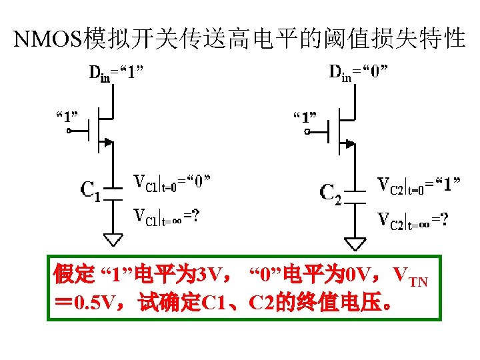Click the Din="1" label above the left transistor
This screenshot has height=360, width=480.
tap(117, 72)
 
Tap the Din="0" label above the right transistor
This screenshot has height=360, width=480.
tap(359, 72)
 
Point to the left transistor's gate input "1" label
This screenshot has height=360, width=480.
tap(66, 117)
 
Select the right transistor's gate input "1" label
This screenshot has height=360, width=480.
tap(305, 118)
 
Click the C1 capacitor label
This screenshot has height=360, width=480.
tap(90, 191)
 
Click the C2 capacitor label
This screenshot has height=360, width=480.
tap(331, 193)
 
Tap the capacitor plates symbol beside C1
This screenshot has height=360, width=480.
tap(115, 193)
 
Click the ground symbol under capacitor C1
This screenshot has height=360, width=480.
tap(115, 239)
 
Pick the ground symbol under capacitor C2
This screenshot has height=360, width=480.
tap(357, 241)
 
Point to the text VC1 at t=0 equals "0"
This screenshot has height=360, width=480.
tap(173, 183)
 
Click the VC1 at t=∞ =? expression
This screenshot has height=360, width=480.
tap(166, 216)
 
